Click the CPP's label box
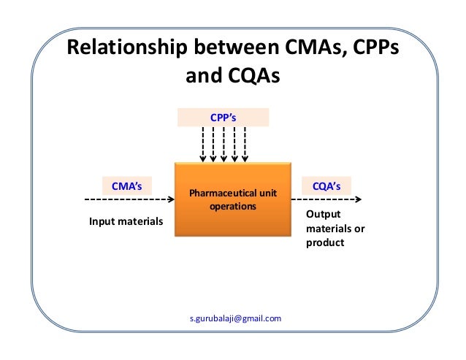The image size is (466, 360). (224, 118)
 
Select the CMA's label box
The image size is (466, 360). (126, 186)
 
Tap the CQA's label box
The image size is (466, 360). (326, 186)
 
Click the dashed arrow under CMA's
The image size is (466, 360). (129, 199)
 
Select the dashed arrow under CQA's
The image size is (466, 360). (331, 199)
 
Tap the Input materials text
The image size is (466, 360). (126, 221)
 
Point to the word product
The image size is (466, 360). (324, 242)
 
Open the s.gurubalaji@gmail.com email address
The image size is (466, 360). (234, 318)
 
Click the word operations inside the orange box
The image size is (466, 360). (233, 207)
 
